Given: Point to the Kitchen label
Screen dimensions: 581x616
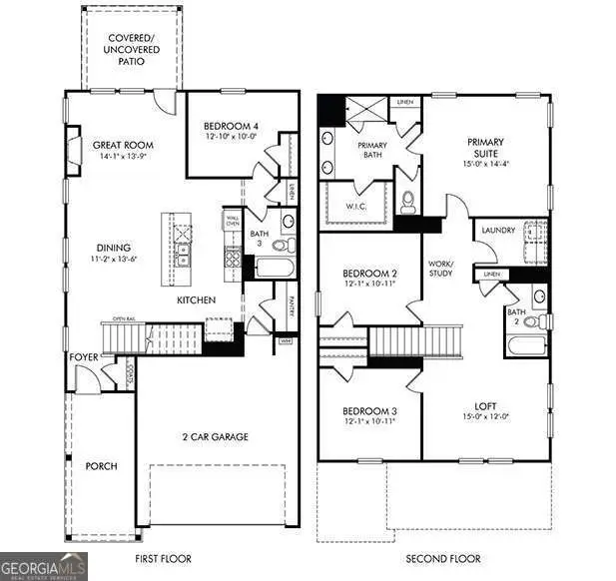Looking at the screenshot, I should point(197,299).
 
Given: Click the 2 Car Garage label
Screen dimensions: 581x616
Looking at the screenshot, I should point(215,436).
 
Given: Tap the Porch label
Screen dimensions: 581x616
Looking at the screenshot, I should point(102,466).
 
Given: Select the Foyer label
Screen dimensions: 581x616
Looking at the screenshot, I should point(83,356).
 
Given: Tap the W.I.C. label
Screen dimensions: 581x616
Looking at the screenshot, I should point(357,207).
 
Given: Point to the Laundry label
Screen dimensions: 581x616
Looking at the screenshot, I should point(498,231).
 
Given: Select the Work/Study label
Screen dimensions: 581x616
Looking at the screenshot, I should point(440,269).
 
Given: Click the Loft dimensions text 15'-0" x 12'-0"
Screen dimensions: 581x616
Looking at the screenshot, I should point(486,416).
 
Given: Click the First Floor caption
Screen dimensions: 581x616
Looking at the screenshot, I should point(163,559).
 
